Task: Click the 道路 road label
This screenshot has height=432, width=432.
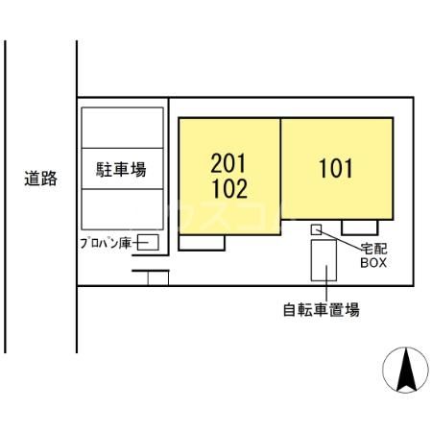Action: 41,178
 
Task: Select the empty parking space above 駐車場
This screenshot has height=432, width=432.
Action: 121,128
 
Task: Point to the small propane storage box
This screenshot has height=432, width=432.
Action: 149,242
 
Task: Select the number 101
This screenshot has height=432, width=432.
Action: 336,170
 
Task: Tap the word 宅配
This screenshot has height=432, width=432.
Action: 372,247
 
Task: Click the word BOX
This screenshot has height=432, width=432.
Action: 373,261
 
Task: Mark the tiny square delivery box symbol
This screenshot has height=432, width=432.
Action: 316,228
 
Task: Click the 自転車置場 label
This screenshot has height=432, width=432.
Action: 322,310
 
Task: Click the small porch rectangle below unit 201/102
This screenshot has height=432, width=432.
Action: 203,243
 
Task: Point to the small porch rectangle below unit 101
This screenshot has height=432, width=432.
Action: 359,228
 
